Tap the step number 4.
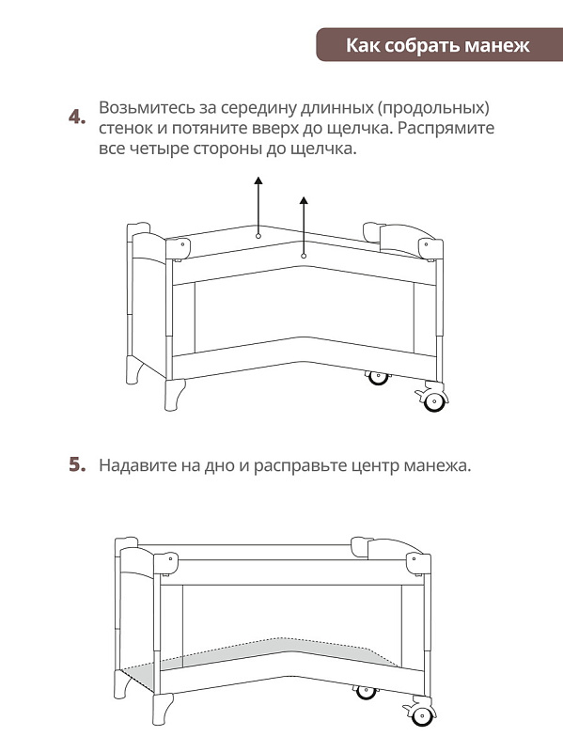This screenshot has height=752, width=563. pyautogui.click(x=77, y=117)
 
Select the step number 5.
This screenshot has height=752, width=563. pyautogui.click(x=77, y=464)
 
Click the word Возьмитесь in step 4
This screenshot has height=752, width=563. pyautogui.click(x=145, y=108)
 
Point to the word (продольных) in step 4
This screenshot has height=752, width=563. pyautogui.click(x=433, y=108)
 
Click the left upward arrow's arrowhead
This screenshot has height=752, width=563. pyautogui.click(x=258, y=180)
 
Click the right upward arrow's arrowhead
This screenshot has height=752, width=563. pyautogui.click(x=304, y=200)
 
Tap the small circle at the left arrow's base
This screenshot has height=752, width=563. pyautogui.click(x=258, y=236)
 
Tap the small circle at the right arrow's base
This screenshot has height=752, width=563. pyautogui.click(x=304, y=256)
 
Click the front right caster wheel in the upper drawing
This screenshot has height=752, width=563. pyautogui.click(x=433, y=401)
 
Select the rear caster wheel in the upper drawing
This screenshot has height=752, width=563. pyautogui.click(x=378, y=378)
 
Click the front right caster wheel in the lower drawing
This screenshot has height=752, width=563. pyautogui.click(x=422, y=715)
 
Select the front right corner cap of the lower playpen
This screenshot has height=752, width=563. pyautogui.click(x=418, y=564)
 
